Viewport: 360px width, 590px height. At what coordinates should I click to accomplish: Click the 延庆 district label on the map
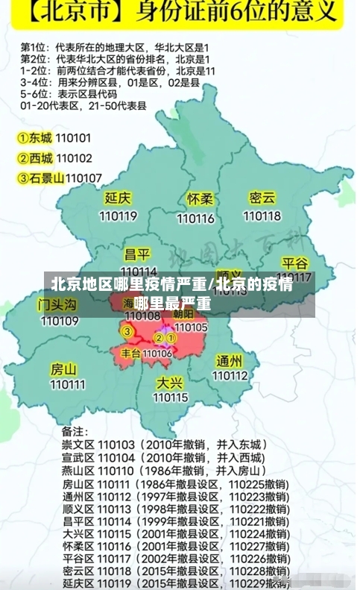click(x=118, y=198)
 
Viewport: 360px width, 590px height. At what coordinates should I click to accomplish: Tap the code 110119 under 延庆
click(x=118, y=216)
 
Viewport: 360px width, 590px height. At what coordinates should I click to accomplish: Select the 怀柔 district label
click(x=200, y=199)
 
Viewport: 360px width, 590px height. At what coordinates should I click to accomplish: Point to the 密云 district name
click(x=262, y=198)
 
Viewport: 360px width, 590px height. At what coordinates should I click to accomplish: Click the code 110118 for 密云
click(x=262, y=216)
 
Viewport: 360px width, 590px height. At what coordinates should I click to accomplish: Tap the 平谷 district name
click(x=295, y=263)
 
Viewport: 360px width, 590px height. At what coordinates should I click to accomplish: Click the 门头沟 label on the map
click(x=58, y=304)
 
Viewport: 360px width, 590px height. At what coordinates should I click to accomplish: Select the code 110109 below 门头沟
click(x=60, y=321)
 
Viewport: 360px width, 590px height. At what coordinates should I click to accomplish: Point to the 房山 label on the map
click(x=64, y=368)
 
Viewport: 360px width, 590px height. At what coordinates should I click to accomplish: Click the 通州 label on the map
click(x=229, y=360)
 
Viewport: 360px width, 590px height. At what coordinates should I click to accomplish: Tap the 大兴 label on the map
click(x=170, y=382)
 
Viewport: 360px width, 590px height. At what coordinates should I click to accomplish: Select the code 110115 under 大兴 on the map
click(x=170, y=398)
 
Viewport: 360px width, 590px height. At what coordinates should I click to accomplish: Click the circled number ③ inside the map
click(x=127, y=331)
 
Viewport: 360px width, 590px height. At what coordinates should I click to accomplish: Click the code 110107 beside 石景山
click(x=83, y=178)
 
